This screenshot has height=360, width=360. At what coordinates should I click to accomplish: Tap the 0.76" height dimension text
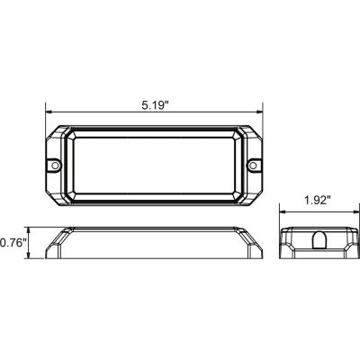pos(13,241)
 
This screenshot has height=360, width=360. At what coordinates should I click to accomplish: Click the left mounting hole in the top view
pos(55,166)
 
